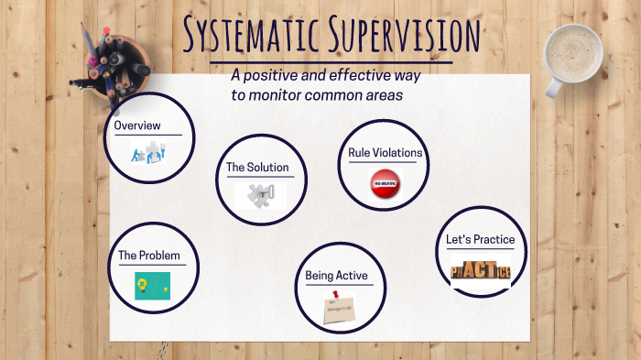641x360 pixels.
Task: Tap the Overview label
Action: (137, 125)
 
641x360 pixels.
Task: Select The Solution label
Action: (257, 168)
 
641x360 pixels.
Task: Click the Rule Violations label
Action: (385, 152)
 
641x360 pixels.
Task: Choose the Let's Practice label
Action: (480, 240)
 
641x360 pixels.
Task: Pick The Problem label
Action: (149, 256)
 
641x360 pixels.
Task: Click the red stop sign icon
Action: (385, 185)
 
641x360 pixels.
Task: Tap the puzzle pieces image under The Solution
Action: (260, 195)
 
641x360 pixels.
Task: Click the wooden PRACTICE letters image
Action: (480, 270)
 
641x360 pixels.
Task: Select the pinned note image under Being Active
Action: (339, 306)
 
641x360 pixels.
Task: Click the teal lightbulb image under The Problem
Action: (152, 286)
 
